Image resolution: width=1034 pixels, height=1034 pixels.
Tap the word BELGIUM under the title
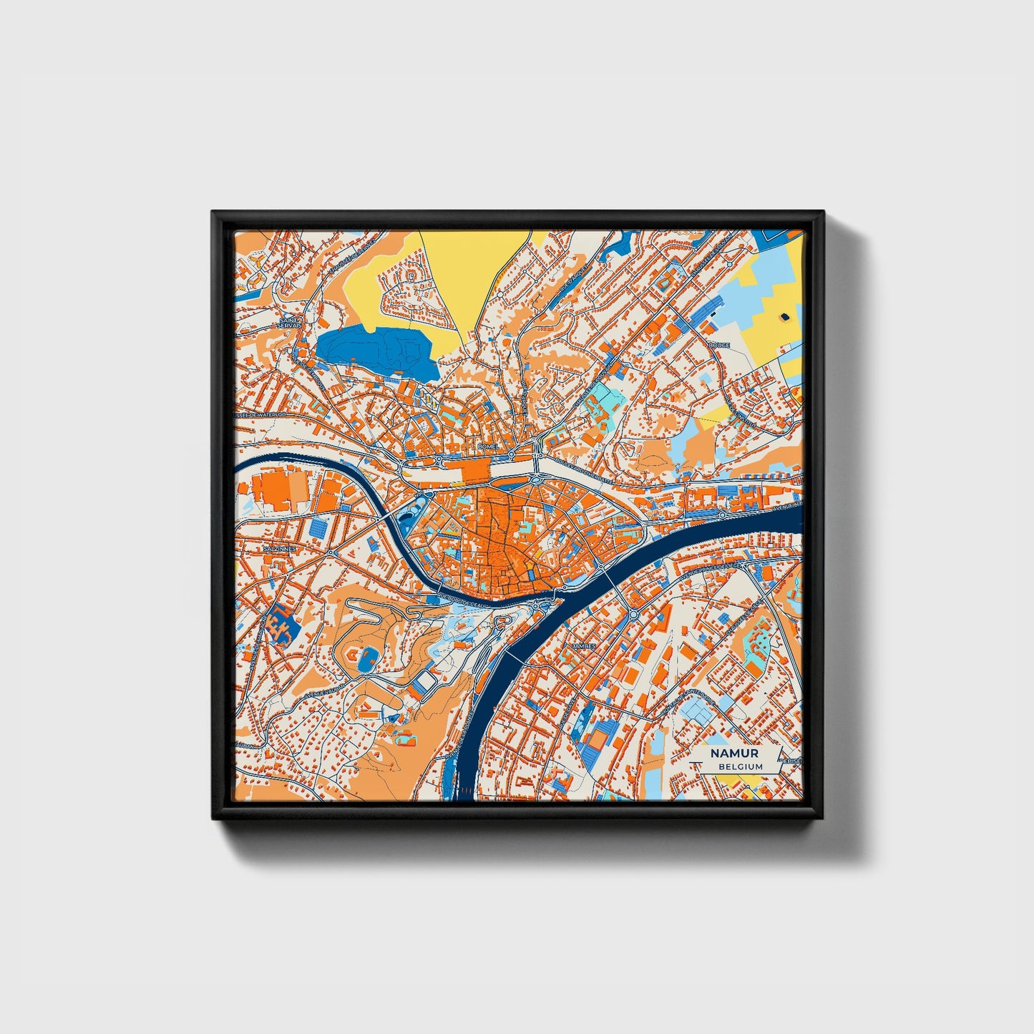point(741,766)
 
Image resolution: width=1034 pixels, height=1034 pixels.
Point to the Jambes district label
point(584,645)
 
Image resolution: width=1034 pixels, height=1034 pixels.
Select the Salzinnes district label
point(279,548)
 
